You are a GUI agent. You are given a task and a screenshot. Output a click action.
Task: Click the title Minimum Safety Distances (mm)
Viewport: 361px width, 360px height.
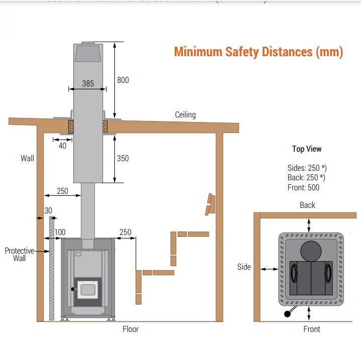point(259,52)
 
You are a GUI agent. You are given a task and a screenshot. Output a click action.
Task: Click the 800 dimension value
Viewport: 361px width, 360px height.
point(123,80)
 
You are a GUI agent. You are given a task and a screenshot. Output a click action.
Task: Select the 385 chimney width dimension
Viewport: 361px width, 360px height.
point(88,84)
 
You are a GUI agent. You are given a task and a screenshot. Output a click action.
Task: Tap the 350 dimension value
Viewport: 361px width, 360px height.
point(123,158)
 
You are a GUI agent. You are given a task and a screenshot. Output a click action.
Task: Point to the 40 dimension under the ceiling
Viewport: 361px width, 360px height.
point(62,146)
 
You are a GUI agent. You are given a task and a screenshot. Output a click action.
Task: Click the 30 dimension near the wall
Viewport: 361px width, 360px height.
point(48,210)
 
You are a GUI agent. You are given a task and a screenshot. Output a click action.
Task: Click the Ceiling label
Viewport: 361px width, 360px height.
point(185,114)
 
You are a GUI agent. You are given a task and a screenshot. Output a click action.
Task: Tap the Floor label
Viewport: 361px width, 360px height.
point(131,329)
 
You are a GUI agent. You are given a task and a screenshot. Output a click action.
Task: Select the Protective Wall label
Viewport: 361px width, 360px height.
point(20,254)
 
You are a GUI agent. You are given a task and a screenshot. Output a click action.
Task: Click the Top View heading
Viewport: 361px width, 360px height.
point(307,149)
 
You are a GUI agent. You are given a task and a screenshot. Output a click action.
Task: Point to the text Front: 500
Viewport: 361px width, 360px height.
point(304,187)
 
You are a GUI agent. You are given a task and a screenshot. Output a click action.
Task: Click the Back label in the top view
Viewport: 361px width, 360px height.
point(307,205)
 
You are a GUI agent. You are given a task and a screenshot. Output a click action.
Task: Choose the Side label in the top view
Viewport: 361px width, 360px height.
point(244,267)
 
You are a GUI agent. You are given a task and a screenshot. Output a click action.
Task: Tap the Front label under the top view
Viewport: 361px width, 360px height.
point(311,329)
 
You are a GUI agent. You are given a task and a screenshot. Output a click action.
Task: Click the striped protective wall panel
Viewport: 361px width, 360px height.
point(51,269)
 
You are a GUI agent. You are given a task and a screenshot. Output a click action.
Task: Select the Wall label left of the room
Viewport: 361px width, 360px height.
point(28,158)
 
